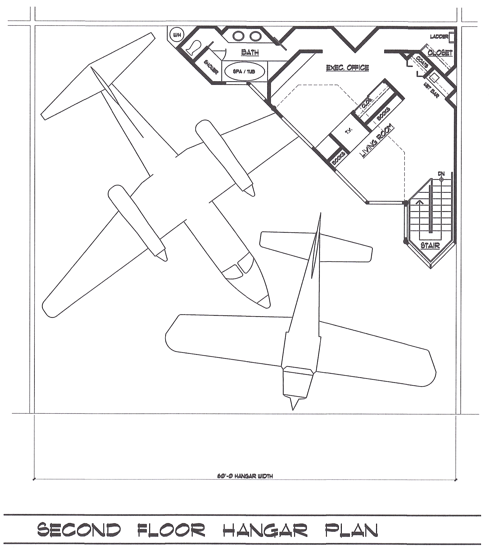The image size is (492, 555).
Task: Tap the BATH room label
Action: coord(250,52)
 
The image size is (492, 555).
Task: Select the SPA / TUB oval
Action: coord(245,71)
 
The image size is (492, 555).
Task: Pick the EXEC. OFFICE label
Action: coord(348,68)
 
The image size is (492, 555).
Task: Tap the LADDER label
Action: coord(439,37)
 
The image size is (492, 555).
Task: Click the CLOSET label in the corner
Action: coord(440,53)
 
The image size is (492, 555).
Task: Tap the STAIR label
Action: coord(430,246)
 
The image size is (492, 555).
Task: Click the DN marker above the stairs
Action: coord(441,174)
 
